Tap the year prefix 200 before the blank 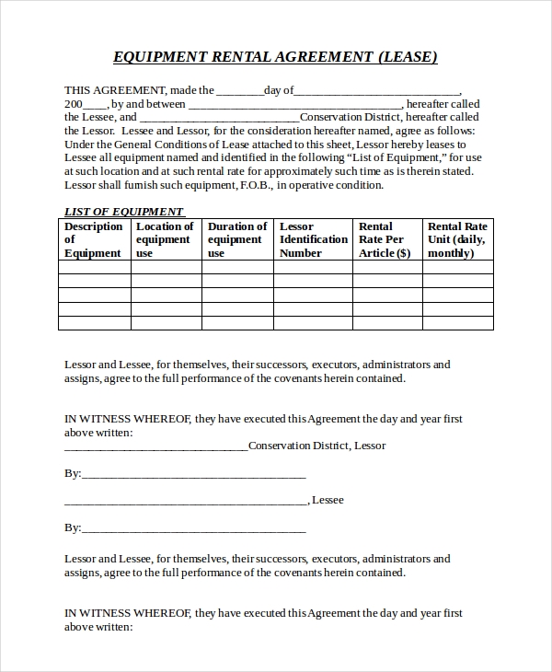click(x=75, y=104)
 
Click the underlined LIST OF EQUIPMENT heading click(x=124, y=212)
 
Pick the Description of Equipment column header click(x=93, y=239)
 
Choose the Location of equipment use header click(x=165, y=239)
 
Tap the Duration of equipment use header click(x=237, y=239)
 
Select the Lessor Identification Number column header click(x=313, y=239)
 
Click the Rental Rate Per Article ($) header click(x=385, y=239)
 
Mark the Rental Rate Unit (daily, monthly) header click(x=457, y=239)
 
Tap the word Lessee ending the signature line click(x=328, y=500)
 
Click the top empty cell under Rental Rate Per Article click(x=385, y=267)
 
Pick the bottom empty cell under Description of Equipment click(x=93, y=322)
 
